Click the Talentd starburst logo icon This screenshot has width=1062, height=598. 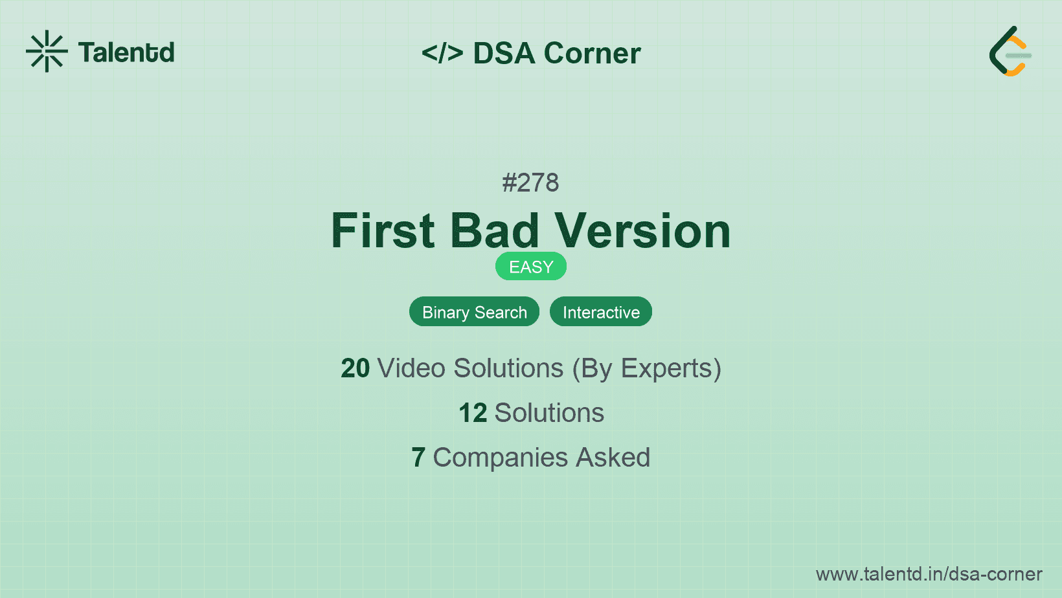[47, 51]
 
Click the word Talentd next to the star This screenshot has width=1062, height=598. [126, 52]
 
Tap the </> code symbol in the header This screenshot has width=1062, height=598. [442, 53]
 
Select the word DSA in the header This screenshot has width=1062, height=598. [504, 53]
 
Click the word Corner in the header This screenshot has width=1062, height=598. [593, 53]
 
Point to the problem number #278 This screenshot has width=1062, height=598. [530, 183]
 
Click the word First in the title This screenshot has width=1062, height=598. [383, 231]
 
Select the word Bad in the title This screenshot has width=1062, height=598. [495, 231]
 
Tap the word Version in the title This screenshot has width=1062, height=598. [642, 231]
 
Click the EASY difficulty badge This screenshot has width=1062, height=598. [531, 267]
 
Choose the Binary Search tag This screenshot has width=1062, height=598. [474, 312]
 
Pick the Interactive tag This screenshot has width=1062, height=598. [601, 312]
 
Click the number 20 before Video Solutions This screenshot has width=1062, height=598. [355, 368]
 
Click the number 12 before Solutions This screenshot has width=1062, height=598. [473, 413]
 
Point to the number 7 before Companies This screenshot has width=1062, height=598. [418, 458]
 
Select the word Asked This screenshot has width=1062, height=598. [613, 458]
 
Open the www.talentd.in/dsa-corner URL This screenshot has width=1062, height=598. [929, 574]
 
